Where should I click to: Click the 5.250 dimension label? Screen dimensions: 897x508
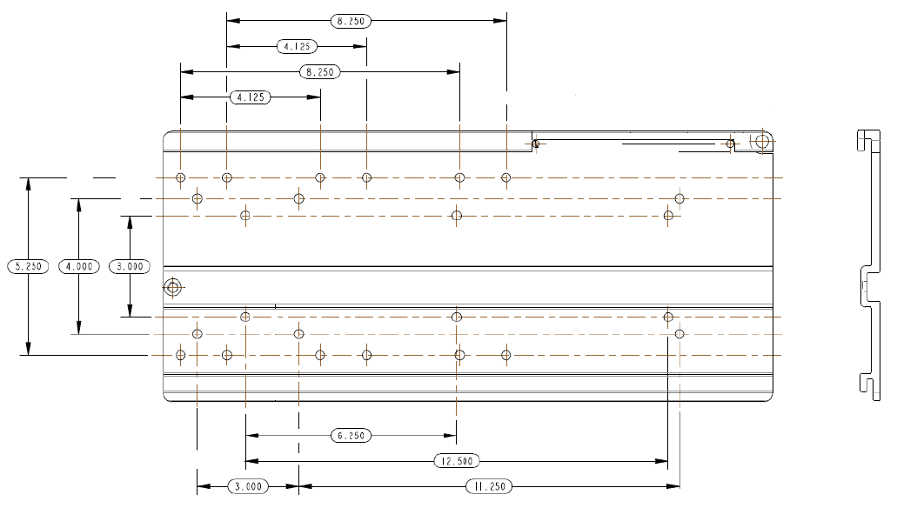28,266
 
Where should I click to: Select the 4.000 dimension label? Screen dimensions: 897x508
79,266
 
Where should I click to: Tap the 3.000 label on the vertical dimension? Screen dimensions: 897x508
130,266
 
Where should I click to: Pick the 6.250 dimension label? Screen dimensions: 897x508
351,436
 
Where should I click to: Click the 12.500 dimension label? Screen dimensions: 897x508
457,461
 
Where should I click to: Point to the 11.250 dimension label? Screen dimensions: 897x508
489,487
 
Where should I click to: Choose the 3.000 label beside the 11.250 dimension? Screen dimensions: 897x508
248,487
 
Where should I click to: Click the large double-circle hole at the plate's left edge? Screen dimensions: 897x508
173,286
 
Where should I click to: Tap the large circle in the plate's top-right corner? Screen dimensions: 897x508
762,141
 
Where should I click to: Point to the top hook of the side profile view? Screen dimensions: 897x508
867,139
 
